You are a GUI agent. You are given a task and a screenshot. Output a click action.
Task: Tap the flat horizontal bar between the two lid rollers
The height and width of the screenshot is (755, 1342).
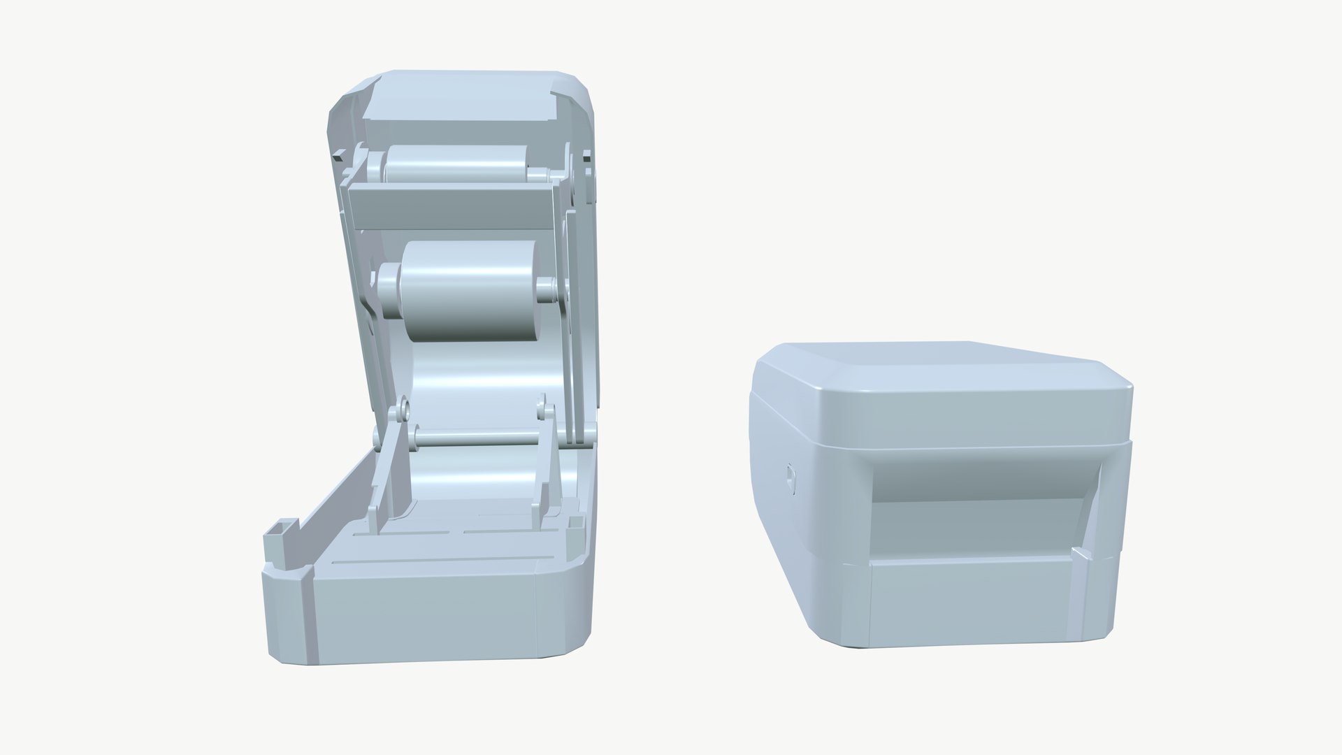(x=451, y=208)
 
